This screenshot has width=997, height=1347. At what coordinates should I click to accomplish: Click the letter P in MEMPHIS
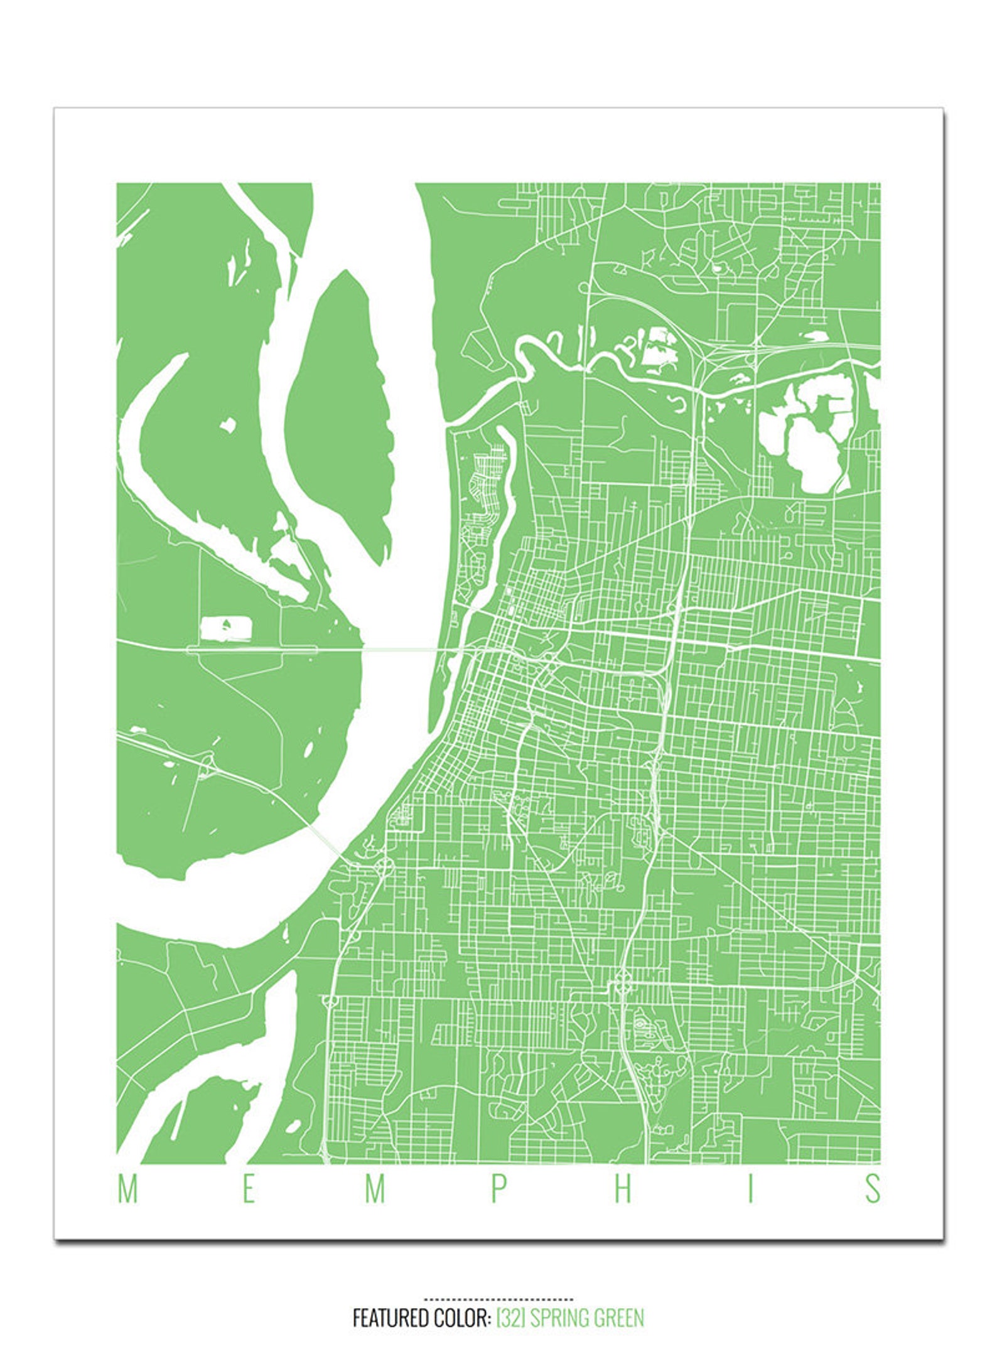coord(498,1188)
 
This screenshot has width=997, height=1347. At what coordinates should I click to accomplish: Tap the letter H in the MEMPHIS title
coord(623,1188)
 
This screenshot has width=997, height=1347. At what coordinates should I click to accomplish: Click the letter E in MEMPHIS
coord(249,1188)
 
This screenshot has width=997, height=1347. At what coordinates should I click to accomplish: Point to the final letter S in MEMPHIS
coord(873,1188)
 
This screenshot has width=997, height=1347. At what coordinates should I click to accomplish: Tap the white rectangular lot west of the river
coord(226,628)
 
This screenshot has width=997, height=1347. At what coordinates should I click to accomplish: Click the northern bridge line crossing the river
coord(402,649)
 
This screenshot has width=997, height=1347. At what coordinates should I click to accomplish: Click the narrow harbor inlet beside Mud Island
coord(502,502)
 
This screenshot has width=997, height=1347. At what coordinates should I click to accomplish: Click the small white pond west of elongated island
coord(227,425)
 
